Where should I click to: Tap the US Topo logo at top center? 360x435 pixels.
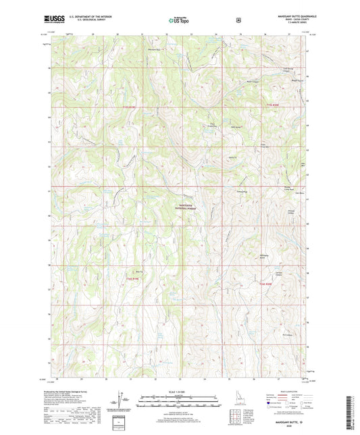[179, 21]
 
